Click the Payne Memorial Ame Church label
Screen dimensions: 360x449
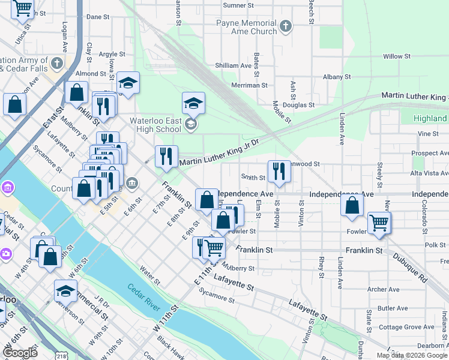pos(247,27)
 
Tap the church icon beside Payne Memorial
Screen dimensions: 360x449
pos(286,26)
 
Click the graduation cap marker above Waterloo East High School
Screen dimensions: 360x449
pos(193,104)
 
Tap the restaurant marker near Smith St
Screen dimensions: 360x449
pos(279,172)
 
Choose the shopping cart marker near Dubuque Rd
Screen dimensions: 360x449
pos(379,223)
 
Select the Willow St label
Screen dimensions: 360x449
pos(396,56)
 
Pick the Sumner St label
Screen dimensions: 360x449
pos(239,5)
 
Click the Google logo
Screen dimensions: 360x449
pos(20,353)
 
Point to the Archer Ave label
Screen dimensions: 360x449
pos(383,289)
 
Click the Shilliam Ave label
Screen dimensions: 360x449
pos(233,65)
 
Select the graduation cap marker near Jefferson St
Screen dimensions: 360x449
pos(65,291)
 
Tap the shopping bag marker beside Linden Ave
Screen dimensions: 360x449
pos(352,205)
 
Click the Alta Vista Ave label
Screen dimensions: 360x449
pos(429,173)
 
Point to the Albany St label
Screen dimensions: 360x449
pos(336,77)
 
